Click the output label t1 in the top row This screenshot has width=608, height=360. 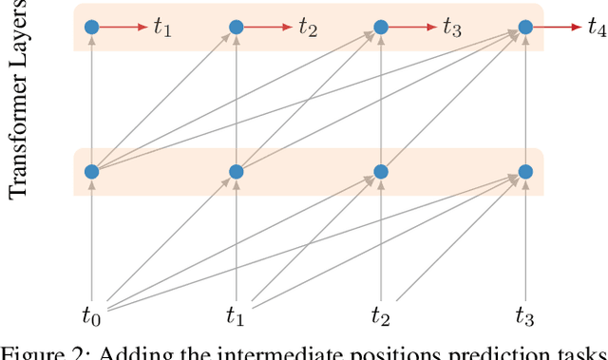pyautogui.click(x=162, y=28)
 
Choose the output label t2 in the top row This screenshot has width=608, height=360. pyautogui.click(x=308, y=28)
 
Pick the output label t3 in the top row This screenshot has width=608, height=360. pyautogui.click(x=452, y=28)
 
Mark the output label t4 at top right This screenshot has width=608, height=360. pyautogui.click(x=597, y=28)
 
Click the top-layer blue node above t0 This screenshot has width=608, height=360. pyautogui.click(x=91, y=28)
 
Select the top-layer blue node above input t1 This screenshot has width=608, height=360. pyautogui.click(x=236, y=28)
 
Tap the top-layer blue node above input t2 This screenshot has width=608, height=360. pyautogui.click(x=381, y=28)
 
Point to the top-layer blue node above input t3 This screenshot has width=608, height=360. pyautogui.click(x=525, y=28)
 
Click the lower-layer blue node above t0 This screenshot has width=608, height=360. pyautogui.click(x=91, y=172)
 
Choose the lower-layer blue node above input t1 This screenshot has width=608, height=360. pyautogui.click(x=236, y=172)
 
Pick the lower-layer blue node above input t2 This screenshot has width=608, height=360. pyautogui.click(x=381, y=172)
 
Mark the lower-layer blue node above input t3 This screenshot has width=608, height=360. pyautogui.click(x=525, y=172)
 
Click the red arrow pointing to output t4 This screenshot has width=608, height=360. pyautogui.click(x=556, y=28)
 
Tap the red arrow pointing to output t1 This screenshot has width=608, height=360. pyautogui.click(x=122, y=28)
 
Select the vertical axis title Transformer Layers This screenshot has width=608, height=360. pyautogui.click(x=17, y=100)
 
